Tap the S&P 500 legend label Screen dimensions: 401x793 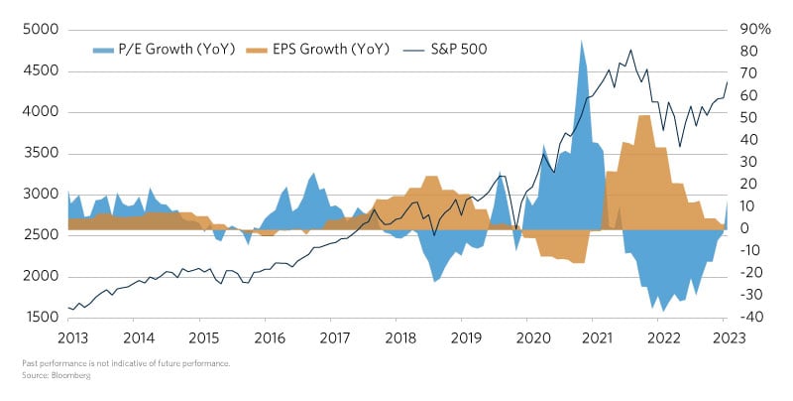[459, 49]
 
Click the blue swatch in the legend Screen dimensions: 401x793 [104, 49]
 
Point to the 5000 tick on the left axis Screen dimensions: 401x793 [41, 29]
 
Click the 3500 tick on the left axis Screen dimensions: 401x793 [41, 153]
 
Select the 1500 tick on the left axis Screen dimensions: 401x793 [41, 317]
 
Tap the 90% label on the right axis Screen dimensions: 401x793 [755, 29]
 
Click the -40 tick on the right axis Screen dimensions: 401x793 [751, 317]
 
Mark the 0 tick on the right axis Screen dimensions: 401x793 [745, 228]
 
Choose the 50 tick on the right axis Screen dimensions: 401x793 [749, 117]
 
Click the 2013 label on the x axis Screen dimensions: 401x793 [68, 337]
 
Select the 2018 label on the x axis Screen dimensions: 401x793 [396, 337]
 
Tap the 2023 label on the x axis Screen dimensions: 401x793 [725, 337]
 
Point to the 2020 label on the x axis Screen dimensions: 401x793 [528, 337]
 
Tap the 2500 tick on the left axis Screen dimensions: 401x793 [41, 234]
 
